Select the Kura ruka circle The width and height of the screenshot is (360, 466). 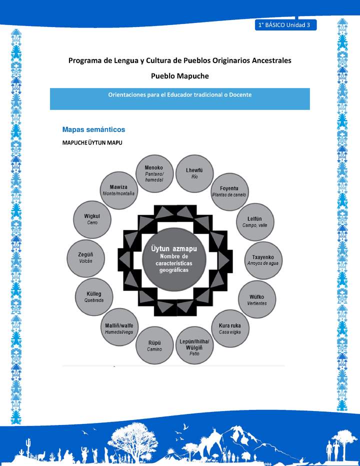pyautogui.click(x=230, y=328)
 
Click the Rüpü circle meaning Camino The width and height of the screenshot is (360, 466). pyautogui.click(x=154, y=345)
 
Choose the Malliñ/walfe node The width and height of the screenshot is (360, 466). pyautogui.click(x=118, y=328)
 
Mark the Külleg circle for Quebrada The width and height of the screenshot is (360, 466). pyautogui.click(x=93, y=297)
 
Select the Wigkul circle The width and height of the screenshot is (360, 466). pyautogui.click(x=92, y=219)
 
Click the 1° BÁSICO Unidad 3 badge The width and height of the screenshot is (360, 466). pyautogui.click(x=285, y=25)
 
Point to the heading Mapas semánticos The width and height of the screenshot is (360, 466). pyautogui.click(x=93, y=129)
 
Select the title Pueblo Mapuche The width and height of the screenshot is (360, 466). pyautogui.click(x=179, y=75)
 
